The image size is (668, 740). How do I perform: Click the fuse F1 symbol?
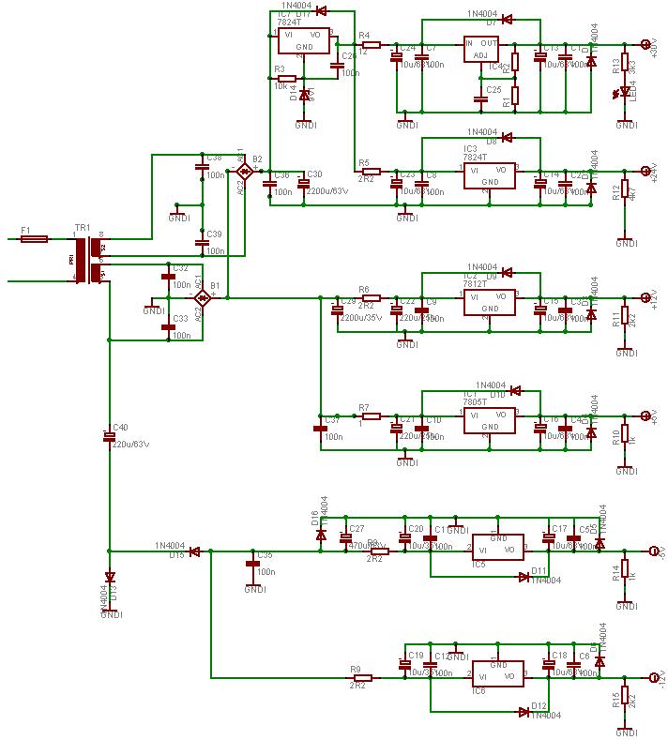35,239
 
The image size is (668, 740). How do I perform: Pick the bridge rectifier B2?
244,172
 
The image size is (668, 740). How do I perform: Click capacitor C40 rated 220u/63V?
109,435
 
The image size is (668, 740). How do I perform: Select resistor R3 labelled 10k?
287,79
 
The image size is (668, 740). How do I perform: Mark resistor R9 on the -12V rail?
361,677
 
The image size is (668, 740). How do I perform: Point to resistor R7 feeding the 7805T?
370,415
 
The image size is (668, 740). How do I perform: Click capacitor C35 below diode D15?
251,564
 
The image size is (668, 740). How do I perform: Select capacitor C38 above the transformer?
201,167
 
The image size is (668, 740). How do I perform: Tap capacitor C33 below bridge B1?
169,325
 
